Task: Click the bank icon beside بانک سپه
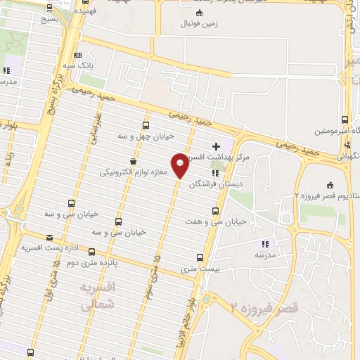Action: [x=77, y=55]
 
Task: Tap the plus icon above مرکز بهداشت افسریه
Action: [x=216, y=145]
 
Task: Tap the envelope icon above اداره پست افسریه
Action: [x=49, y=238]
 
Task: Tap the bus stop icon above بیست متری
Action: [x=200, y=257]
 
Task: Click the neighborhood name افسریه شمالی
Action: [x=96, y=297]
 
